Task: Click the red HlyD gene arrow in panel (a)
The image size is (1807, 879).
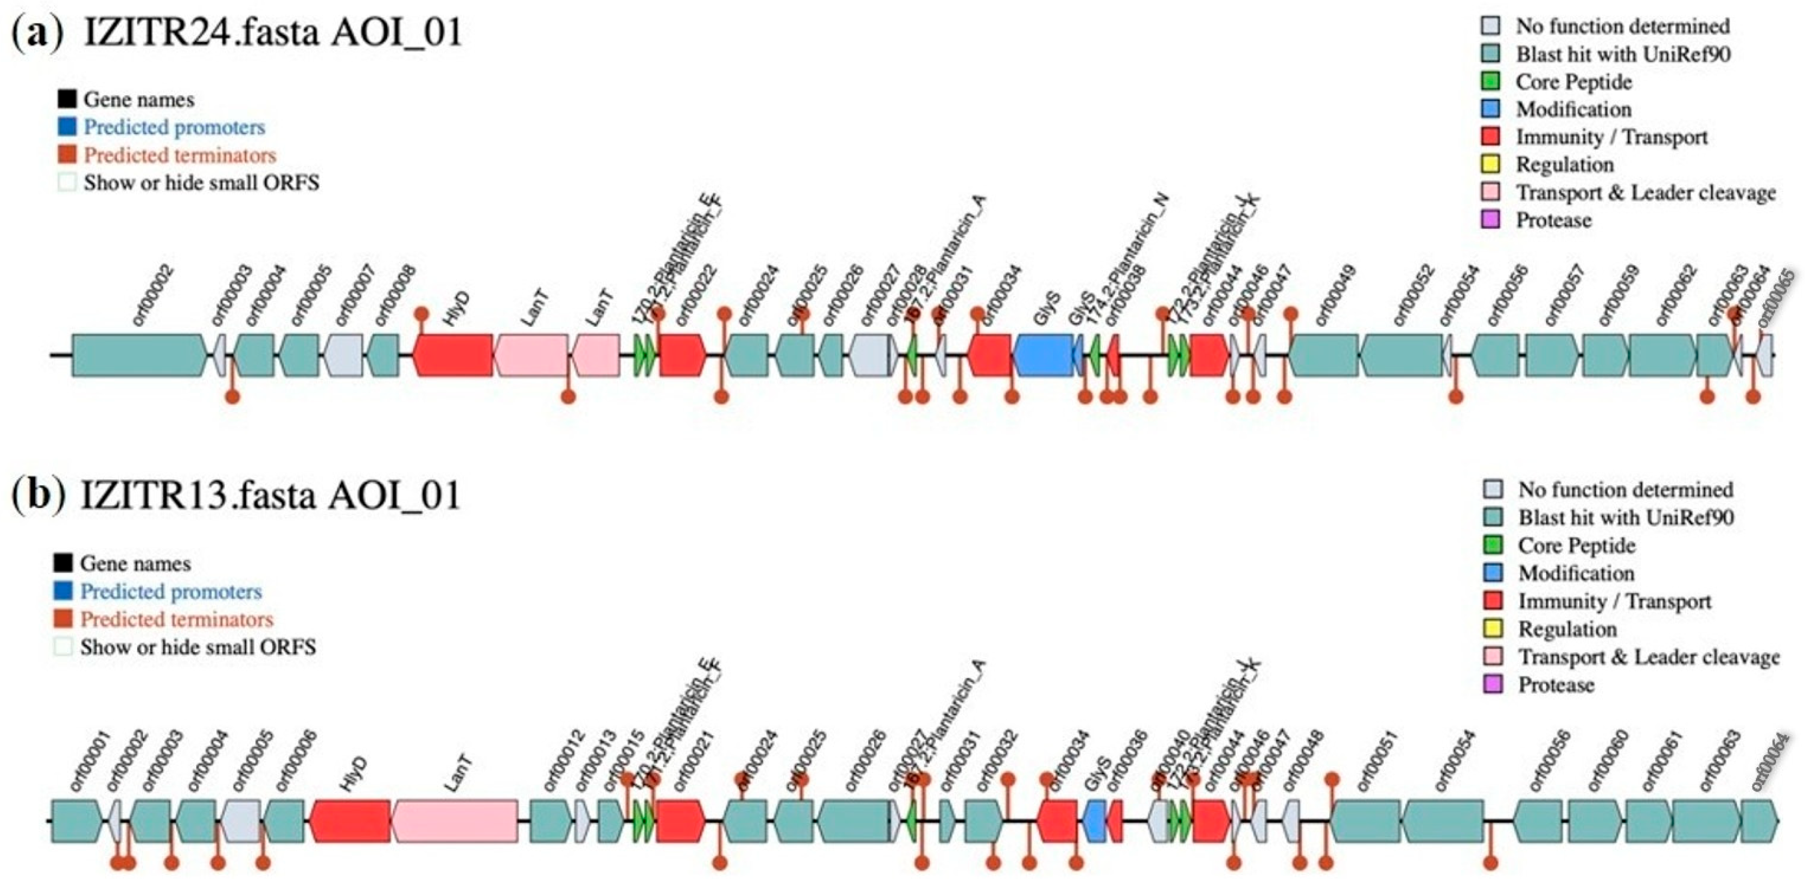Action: coord(453,354)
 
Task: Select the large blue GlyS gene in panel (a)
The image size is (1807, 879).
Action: coord(1043,354)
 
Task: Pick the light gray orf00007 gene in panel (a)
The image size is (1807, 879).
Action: coord(343,354)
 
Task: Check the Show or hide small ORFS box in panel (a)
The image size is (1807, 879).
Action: coord(68,183)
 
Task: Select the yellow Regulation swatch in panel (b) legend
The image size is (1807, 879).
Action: coord(1493,629)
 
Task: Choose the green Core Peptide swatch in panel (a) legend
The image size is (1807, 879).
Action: coord(1490,81)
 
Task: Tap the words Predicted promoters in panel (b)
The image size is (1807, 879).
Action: coord(171,592)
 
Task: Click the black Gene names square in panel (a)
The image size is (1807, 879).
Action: coord(68,100)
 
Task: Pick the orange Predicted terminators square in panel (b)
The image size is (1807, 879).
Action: coord(64,619)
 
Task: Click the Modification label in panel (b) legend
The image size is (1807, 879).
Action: coord(1576,573)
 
